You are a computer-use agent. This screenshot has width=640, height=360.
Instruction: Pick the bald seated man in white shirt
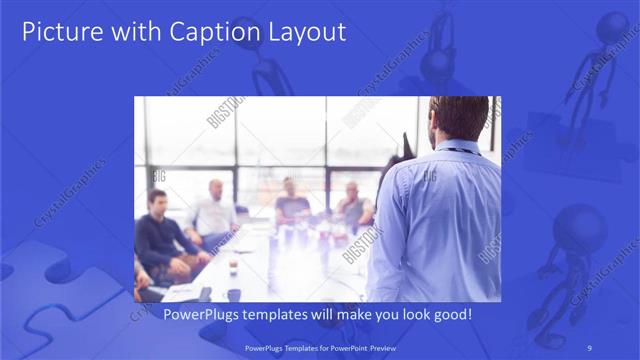214,212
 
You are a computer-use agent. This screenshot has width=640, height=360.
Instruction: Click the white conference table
270,270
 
